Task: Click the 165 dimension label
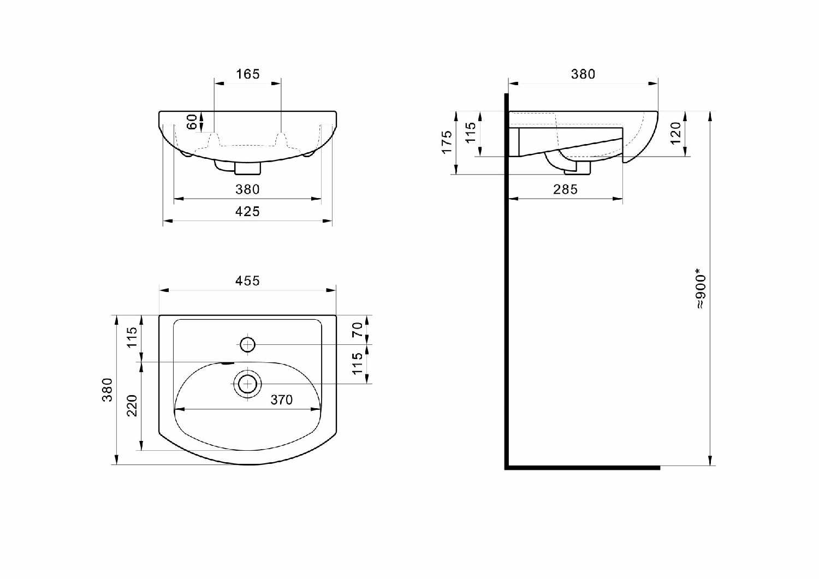tap(247, 74)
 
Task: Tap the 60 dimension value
tap(192, 122)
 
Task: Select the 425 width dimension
tap(247, 212)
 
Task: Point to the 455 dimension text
tap(247, 280)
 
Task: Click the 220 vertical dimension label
tap(132, 406)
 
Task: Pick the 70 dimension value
tap(357, 330)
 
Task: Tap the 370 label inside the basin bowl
tap(282, 400)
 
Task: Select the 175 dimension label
tap(447, 142)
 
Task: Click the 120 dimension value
tap(676, 133)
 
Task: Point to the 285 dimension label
tap(565, 189)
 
